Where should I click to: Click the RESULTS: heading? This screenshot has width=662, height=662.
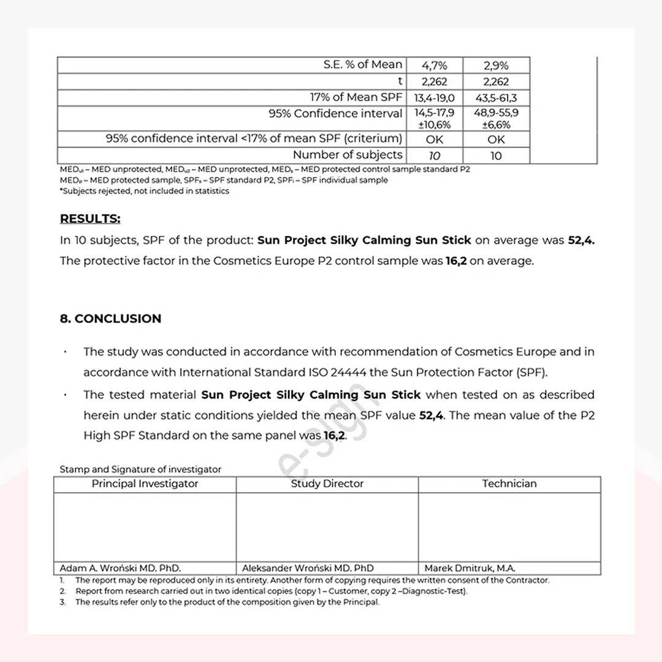click(x=90, y=219)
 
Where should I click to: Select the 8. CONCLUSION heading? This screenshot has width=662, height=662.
click(x=110, y=319)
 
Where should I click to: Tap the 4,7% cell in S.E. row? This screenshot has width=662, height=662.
click(x=435, y=66)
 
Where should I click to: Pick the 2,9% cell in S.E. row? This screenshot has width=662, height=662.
click(x=496, y=66)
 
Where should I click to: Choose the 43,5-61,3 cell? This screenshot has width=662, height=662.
click(x=496, y=98)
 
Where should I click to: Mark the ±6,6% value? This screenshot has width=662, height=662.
click(x=496, y=124)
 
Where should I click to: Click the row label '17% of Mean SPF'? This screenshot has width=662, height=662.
click(x=356, y=97)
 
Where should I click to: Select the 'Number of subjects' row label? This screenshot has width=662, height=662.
click(x=348, y=155)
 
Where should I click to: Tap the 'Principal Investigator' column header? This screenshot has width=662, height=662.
click(x=145, y=484)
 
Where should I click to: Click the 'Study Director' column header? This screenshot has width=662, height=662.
click(x=327, y=484)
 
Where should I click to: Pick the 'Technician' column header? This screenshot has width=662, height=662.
click(x=509, y=484)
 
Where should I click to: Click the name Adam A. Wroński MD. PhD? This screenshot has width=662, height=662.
click(x=120, y=568)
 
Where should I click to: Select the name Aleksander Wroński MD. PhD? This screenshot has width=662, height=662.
click(x=308, y=568)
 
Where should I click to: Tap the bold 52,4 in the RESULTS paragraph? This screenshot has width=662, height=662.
click(x=581, y=240)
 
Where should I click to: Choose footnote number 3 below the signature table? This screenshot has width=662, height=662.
click(x=63, y=602)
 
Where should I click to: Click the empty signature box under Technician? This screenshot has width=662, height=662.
click(x=509, y=527)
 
